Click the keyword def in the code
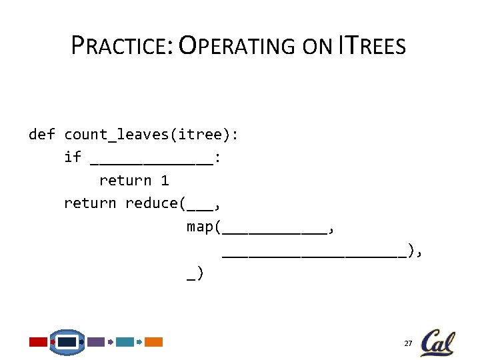point(42,135)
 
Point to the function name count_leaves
point(116,135)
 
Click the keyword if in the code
point(73,157)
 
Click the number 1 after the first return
point(165,181)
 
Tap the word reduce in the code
point(151,203)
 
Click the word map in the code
point(199,227)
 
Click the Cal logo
point(438,343)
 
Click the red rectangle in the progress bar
point(38,342)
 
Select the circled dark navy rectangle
point(67,342)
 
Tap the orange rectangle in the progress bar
point(154,342)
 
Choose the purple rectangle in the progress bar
point(96,342)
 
